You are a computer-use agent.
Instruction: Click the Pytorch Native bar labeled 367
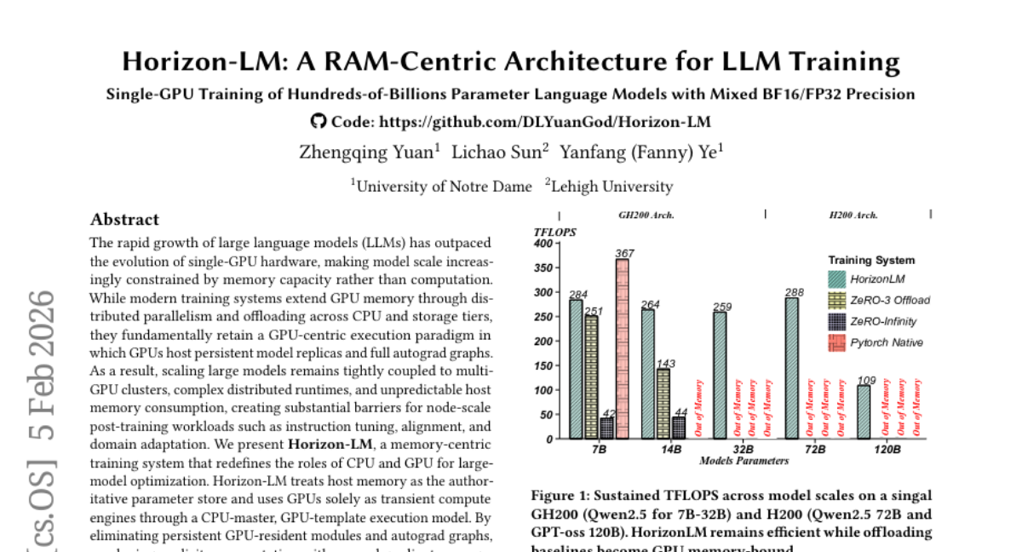[x=623, y=348]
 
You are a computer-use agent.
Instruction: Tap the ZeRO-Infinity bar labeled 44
[x=679, y=427]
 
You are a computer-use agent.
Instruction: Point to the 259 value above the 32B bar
[x=720, y=307]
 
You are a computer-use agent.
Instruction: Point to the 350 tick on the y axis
[x=542, y=267]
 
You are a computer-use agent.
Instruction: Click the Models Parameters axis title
[x=744, y=461]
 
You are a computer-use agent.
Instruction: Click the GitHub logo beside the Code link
[x=319, y=121]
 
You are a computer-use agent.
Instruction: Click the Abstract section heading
[x=124, y=219]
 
